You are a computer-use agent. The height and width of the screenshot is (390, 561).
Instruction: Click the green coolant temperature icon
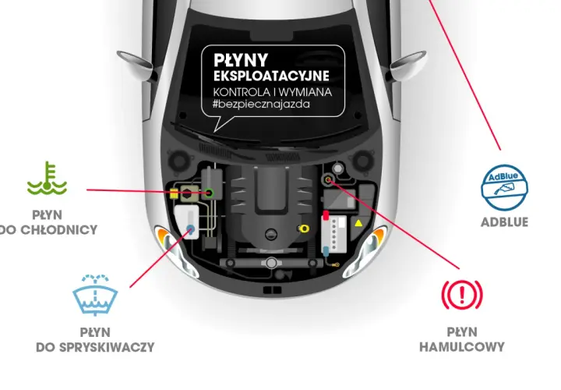[x=48, y=179]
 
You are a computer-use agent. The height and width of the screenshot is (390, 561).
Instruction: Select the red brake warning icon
[x=462, y=294]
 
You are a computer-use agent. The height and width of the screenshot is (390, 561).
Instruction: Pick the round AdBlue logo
[x=504, y=187]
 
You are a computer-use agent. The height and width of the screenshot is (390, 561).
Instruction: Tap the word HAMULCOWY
[x=462, y=346]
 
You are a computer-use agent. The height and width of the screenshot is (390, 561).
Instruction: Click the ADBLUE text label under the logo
[x=504, y=222]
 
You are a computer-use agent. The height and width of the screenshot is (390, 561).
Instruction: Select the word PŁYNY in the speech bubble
[x=241, y=61]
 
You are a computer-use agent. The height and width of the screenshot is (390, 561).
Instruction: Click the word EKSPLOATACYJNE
[x=272, y=76]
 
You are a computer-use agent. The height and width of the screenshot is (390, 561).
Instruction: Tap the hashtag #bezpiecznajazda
[x=262, y=105]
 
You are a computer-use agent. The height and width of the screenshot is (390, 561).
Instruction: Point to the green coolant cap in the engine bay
[x=210, y=193]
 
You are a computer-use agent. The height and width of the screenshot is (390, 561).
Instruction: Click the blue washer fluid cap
[x=191, y=229]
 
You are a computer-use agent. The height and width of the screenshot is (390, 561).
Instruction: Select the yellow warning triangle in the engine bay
[x=358, y=224]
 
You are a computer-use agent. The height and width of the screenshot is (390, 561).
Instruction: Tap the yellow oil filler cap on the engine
[x=303, y=228]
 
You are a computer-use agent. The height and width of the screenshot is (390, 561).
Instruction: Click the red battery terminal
[x=326, y=214]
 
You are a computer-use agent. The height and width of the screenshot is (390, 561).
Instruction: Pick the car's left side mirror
[x=134, y=62]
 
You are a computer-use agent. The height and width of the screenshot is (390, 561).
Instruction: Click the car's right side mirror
[x=408, y=62]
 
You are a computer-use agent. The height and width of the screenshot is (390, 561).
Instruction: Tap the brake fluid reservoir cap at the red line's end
[x=328, y=179]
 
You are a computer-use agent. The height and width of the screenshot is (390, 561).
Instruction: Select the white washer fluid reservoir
[x=187, y=222]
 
